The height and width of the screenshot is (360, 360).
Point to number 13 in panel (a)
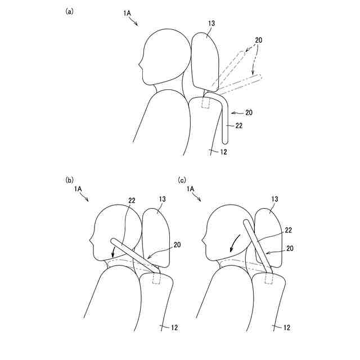coord(211,23)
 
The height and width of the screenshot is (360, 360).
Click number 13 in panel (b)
coord(161,200)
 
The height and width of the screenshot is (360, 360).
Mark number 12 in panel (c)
coord(286,327)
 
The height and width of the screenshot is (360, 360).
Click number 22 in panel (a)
coord(239,125)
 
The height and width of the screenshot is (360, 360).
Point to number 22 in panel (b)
coord(132,201)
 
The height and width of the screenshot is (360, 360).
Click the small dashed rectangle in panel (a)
coord(206,103)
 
